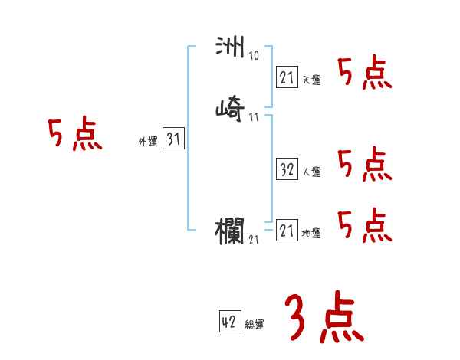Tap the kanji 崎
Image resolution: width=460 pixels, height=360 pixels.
pyautogui.click(x=230, y=110)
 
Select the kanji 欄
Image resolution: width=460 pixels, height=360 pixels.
pyautogui.click(x=230, y=231)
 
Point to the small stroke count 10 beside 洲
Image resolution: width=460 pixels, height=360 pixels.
pyautogui.click(x=254, y=56)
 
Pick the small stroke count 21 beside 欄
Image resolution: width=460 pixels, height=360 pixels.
pyautogui.click(x=254, y=240)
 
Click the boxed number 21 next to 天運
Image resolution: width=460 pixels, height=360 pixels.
pyautogui.click(x=287, y=77)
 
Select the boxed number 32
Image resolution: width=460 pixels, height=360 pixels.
pyautogui.click(x=287, y=169)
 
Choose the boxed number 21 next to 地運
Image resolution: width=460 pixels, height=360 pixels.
pyautogui.click(x=287, y=230)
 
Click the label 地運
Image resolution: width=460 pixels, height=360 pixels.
pyautogui.click(x=311, y=234)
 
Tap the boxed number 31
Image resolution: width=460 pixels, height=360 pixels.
pyautogui.click(x=173, y=139)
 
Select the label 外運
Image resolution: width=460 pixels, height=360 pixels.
pyautogui.click(x=148, y=142)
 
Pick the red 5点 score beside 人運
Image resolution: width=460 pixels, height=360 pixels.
pyautogui.click(x=364, y=164)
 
